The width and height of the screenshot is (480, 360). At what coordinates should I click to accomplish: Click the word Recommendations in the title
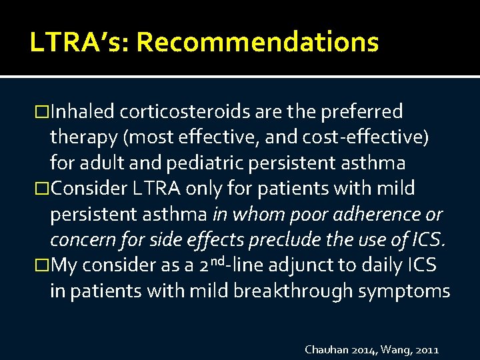click(257, 43)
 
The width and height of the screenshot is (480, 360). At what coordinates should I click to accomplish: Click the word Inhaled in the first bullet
click(84, 111)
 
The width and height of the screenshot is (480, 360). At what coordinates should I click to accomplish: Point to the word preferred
click(364, 111)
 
